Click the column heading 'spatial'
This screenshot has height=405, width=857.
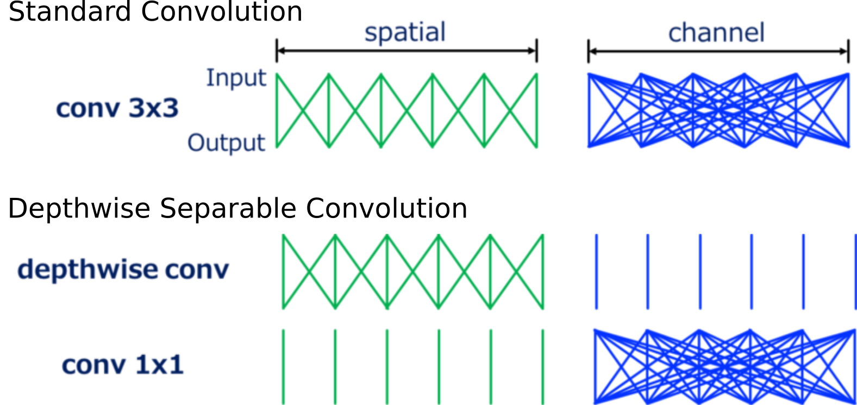405,33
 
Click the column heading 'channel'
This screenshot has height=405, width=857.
716,33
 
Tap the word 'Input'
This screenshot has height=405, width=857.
236,78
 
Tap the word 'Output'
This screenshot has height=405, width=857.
227,143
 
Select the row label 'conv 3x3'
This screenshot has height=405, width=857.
117,109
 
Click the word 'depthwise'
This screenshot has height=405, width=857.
87,270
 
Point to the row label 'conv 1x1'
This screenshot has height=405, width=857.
123,365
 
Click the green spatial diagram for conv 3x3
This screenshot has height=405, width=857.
407,110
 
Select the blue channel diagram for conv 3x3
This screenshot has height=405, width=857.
718,110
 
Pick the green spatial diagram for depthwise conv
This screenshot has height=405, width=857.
413,272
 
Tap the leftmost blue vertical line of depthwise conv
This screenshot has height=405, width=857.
596,272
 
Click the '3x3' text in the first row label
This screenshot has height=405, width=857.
154,109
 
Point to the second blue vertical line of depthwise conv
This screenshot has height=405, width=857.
648,272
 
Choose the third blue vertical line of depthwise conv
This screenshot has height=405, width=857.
700,272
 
